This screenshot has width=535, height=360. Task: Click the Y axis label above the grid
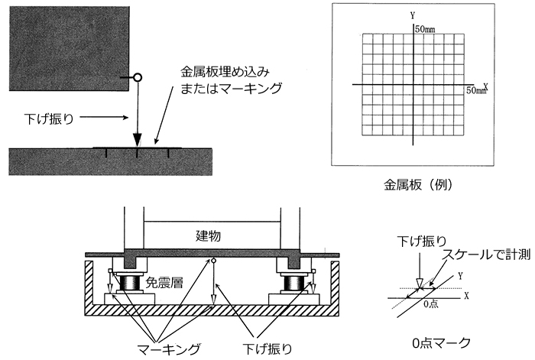[413, 15]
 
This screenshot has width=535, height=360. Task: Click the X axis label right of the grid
[485, 85]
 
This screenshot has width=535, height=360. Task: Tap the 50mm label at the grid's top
[426, 29]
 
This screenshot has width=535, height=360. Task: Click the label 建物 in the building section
[207, 236]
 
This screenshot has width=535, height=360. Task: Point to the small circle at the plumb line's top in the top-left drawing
[138, 77]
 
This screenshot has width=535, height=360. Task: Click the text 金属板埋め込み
[222, 72]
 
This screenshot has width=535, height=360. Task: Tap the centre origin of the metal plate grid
[413, 84]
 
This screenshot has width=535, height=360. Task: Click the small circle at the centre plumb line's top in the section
[213, 263]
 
